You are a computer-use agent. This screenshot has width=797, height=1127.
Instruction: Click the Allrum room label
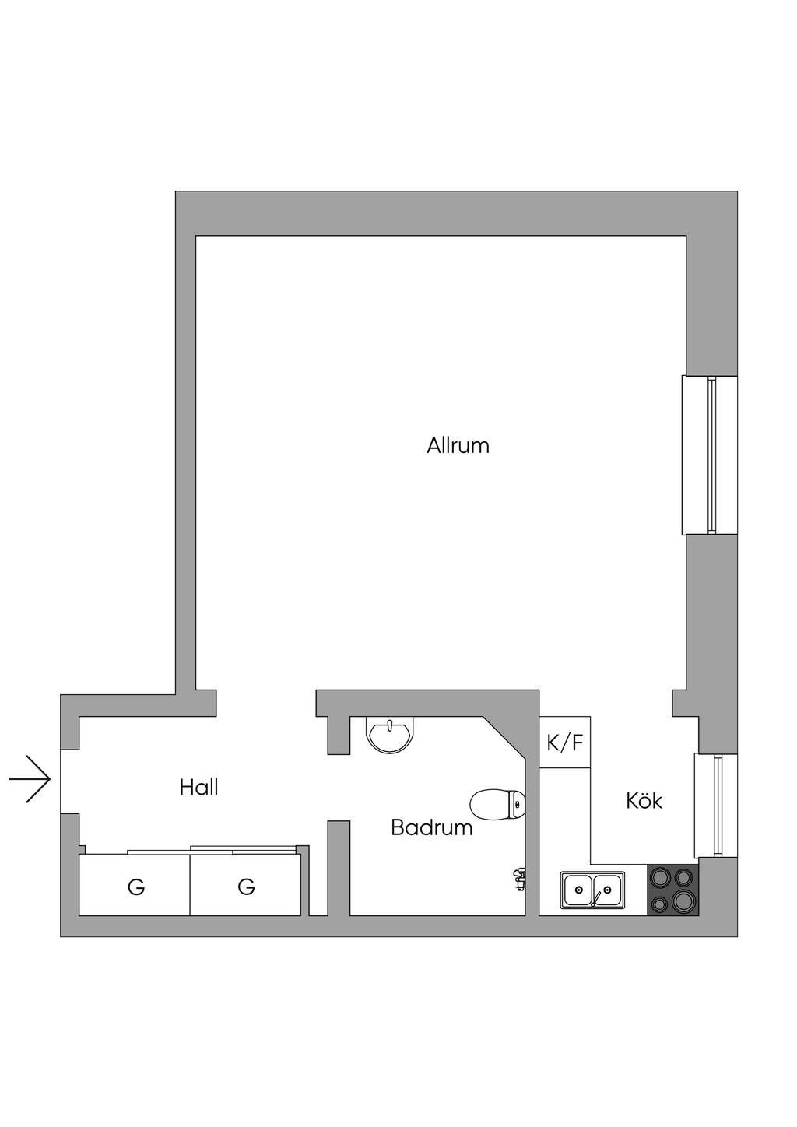tap(458, 446)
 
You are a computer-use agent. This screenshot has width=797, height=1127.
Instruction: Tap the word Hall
tap(198, 787)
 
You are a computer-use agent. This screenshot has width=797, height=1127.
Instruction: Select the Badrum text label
tap(431, 827)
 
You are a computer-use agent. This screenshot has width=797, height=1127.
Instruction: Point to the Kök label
tap(644, 801)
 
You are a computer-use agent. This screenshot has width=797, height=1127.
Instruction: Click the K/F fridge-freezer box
tap(565, 743)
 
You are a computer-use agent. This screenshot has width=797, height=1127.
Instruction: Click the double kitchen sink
tap(592, 890)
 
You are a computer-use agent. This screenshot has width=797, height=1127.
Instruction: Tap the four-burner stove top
tap(673, 890)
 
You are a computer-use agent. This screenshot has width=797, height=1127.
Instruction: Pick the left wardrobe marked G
tap(135, 886)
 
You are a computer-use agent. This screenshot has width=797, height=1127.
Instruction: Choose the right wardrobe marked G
tap(246, 886)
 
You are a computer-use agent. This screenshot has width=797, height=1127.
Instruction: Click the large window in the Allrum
tap(709, 455)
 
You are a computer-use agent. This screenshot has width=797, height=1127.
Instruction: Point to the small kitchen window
tap(716, 806)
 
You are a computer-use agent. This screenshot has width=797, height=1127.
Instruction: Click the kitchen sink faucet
tap(595, 900)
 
